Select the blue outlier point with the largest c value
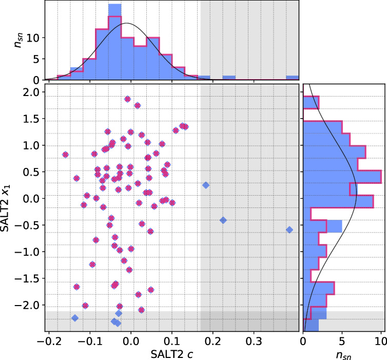(289, 230)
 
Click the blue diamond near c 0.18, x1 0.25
(206, 185)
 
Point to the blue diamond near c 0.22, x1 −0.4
(223, 220)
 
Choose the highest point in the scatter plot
(127, 99)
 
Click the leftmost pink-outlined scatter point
(65, 155)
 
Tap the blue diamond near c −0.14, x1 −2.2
(75, 318)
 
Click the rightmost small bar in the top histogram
(292, 78)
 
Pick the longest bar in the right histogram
(342, 177)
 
